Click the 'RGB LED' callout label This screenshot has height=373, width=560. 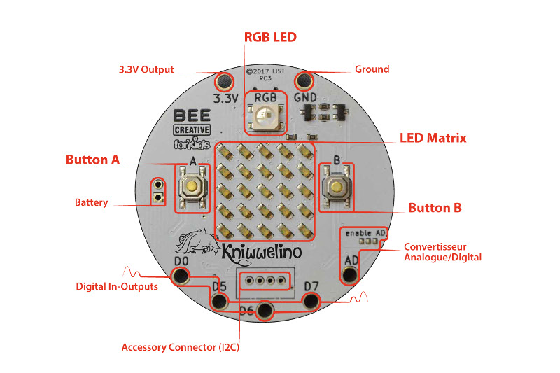270,37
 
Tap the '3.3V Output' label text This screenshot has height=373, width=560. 146,70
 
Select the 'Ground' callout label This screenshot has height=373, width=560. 372,69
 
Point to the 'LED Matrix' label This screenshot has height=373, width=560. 433,138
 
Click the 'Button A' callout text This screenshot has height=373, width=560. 92,160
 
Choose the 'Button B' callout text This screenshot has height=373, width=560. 435,208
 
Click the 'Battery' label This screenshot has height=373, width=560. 92,203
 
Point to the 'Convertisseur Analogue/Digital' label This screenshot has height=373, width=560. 442,252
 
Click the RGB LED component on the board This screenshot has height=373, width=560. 265,116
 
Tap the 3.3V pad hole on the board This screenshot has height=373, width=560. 225,80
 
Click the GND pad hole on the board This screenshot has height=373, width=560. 304,80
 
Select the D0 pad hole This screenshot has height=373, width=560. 181,276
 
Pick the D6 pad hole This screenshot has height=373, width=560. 265,311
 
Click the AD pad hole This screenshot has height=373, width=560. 350,274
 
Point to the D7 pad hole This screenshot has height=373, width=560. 311,301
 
